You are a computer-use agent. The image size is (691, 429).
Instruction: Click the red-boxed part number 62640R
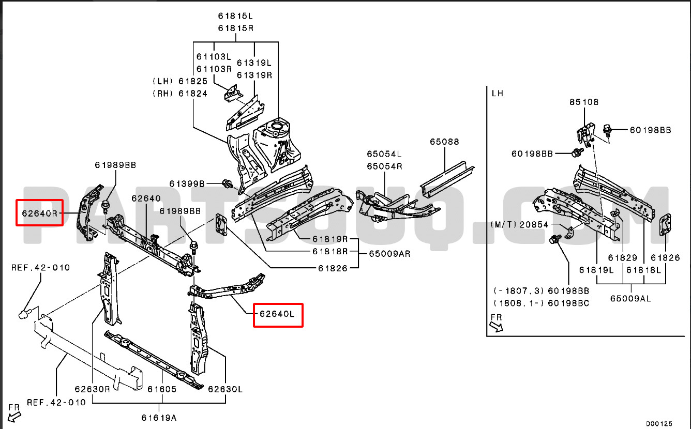tap(39, 213)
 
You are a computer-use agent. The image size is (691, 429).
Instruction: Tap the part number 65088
tap(444, 142)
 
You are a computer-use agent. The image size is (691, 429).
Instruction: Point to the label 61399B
tap(187, 184)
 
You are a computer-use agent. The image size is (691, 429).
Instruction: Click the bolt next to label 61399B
tap(226, 183)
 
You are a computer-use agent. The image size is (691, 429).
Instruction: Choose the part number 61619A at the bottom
tap(159, 417)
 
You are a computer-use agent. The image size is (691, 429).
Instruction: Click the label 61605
tap(161, 389)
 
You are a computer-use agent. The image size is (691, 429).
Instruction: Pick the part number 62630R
tap(92, 389)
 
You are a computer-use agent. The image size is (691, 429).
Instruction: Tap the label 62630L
tap(226, 389)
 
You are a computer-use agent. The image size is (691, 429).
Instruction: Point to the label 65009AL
tap(629, 298)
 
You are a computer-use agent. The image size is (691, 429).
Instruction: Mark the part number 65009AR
tap(389, 254)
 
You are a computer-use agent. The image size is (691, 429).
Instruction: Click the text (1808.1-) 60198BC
tap(541, 303)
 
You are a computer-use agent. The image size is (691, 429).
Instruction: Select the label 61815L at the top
tap(235, 17)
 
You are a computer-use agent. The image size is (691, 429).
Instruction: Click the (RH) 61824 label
tap(179, 94)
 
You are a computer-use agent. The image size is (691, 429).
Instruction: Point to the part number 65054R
tap(384, 166)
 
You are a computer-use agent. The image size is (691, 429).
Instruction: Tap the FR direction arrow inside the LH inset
tap(495, 326)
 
